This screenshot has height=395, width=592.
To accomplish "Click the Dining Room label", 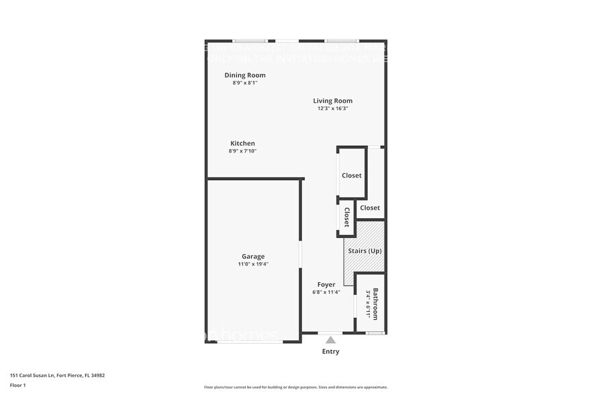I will tap(245, 75).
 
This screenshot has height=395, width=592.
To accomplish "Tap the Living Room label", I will tap(332, 101).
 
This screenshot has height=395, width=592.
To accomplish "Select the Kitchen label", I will tap(242, 143).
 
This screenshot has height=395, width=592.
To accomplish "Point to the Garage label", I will tap(253, 256).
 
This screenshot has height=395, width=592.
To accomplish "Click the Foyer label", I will tap(326, 284).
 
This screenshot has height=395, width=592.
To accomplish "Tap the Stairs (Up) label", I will tap(364, 251).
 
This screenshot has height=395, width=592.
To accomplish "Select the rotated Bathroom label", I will tap(376, 304).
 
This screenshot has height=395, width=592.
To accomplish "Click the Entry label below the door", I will tap(331, 351).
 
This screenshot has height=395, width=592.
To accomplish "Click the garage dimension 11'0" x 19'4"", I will tap(253, 264).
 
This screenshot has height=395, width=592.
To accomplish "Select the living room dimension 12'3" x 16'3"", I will tap(332, 108).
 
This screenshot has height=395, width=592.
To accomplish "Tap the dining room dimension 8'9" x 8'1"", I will tap(245, 83).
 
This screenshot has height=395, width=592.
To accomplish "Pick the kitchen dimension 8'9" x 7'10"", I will tap(242, 151).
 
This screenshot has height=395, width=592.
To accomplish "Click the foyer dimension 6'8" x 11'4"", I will tap(326, 292).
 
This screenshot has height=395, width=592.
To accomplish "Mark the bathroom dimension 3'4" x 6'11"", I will tap(368, 304).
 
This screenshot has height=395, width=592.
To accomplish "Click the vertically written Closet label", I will tap(347, 217).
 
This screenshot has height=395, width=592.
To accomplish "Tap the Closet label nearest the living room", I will tap(351, 175).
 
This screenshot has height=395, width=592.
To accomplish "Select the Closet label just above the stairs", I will tap(370, 208).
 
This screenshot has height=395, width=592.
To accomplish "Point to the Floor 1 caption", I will tap(17, 385).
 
